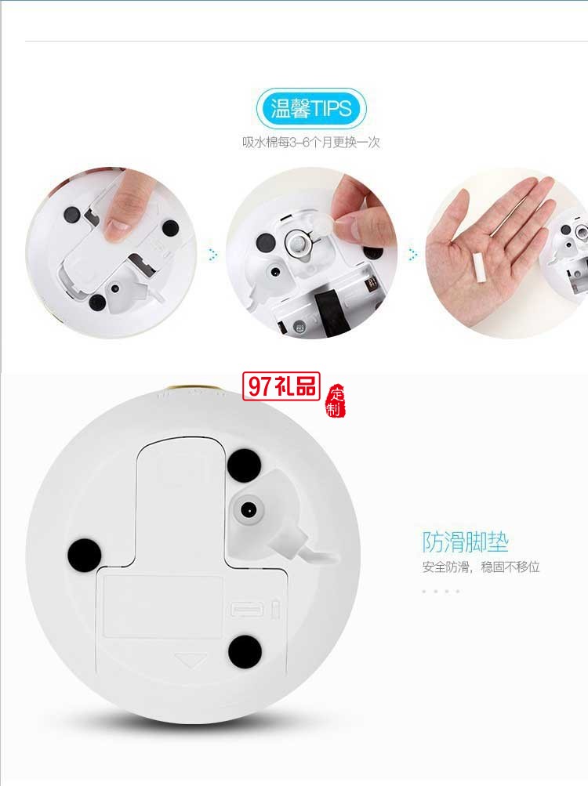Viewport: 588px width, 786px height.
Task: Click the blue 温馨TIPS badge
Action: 311,109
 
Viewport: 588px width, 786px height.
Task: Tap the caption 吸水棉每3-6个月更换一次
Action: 311,143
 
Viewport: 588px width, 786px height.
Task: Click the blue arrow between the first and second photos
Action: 212,254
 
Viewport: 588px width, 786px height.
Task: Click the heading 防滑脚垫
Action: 465,542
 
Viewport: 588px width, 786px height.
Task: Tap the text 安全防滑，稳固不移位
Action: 481,567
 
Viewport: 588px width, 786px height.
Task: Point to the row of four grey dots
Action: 441,591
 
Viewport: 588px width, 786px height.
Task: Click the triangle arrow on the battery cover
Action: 187,661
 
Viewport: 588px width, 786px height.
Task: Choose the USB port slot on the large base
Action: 241,609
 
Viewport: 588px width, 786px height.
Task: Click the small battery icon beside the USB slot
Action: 274,608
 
